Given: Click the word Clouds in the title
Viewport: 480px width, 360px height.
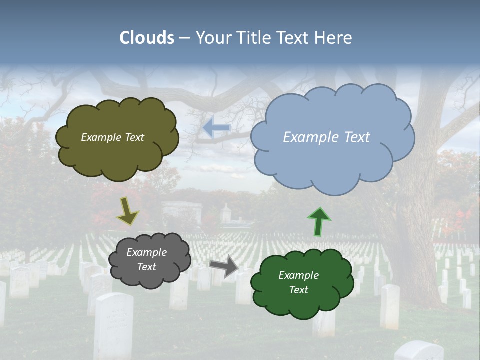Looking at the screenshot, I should click(147, 38).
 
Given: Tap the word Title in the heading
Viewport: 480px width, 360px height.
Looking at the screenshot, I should click(252, 38).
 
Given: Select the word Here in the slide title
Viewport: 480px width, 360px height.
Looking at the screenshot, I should click(334, 38).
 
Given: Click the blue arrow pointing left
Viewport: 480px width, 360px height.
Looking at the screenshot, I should click(216, 128).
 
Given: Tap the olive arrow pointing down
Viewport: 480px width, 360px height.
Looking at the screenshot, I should click(127, 211).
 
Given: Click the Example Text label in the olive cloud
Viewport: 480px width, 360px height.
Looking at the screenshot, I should click(112, 137).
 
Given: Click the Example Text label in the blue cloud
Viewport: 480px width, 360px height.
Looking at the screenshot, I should click(326, 137).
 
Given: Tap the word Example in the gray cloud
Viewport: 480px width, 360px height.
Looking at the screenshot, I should click(146, 252).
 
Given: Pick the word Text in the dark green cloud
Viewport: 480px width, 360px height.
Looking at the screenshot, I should click(298, 290).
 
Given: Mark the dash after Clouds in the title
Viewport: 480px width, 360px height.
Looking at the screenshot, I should click(184, 38).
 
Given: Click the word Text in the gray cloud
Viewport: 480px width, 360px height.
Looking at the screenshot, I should click(146, 267).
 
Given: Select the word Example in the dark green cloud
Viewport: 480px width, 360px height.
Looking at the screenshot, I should click(298, 275).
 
